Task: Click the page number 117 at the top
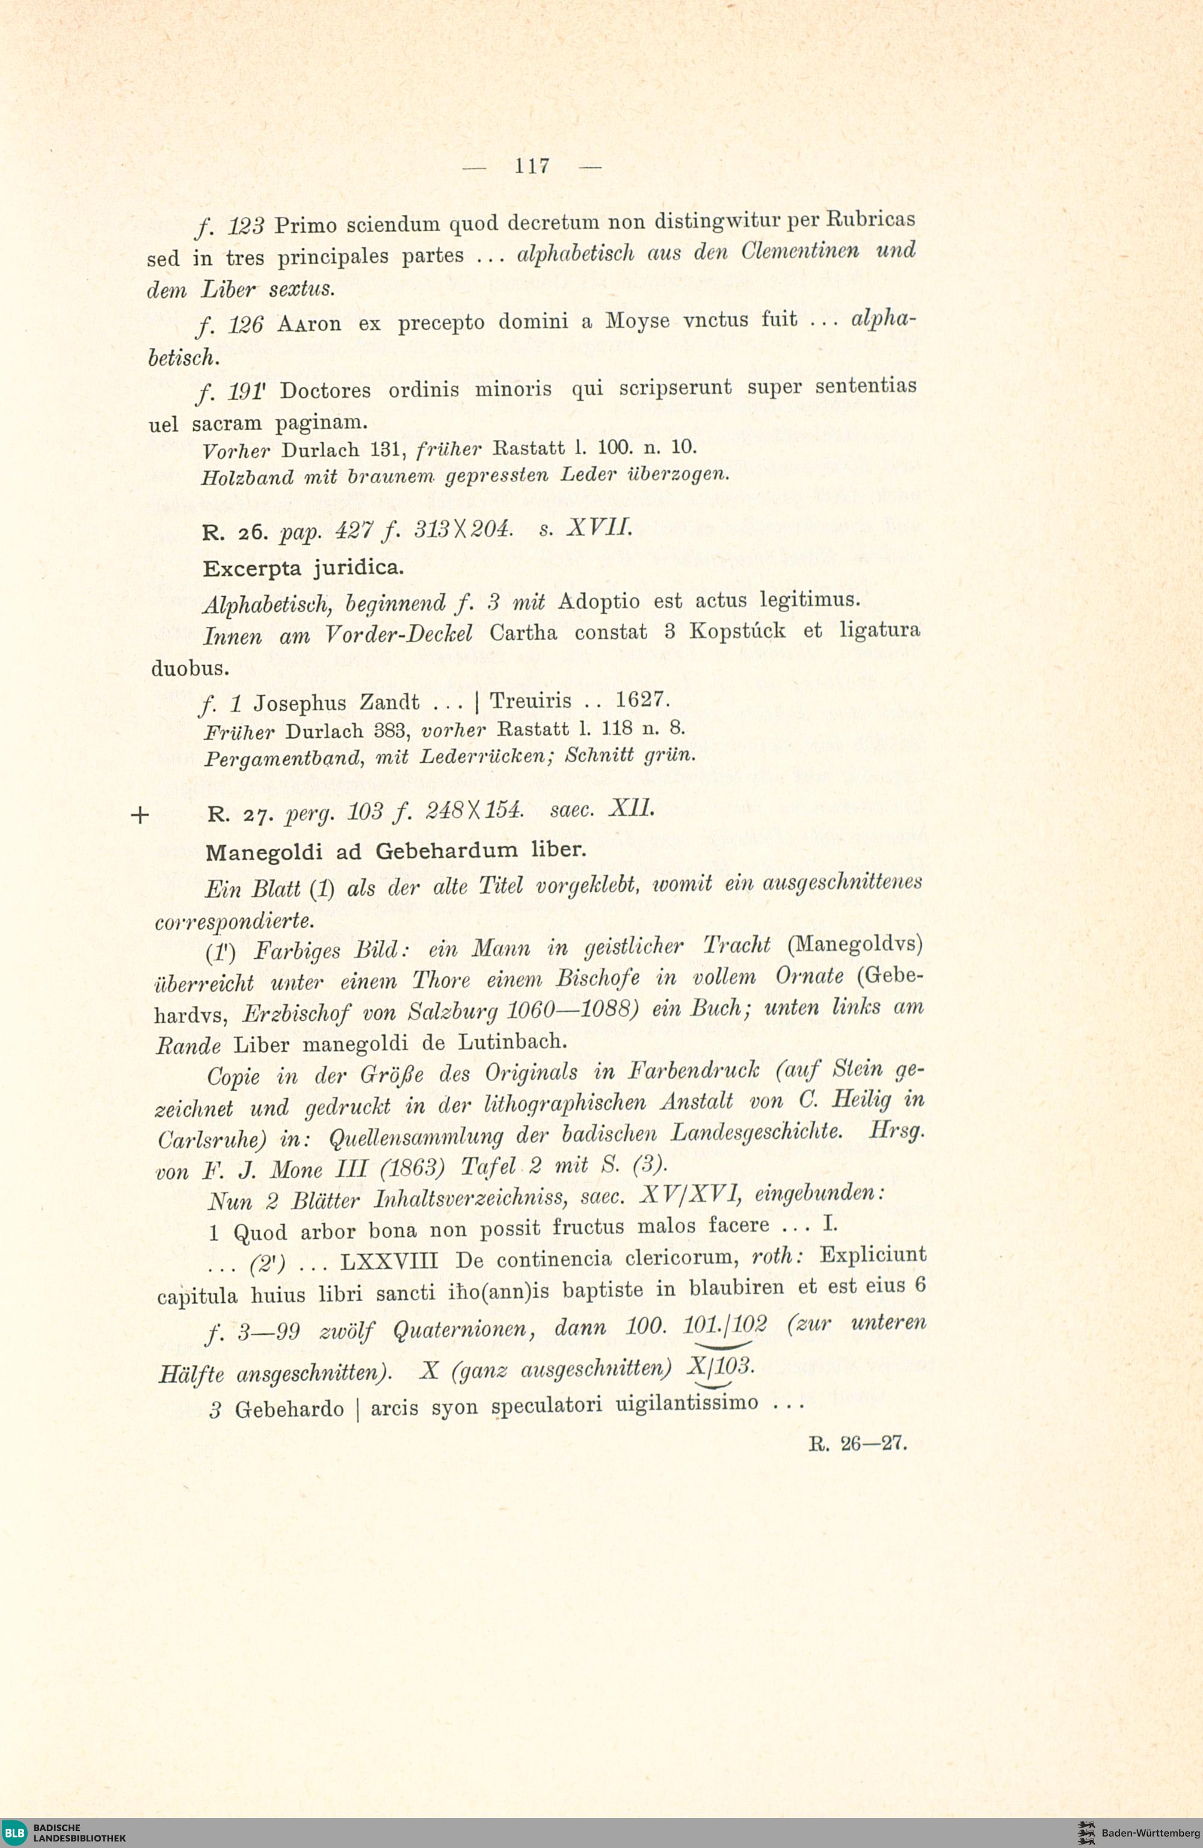[x=532, y=165]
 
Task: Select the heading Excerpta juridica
[x=303, y=568]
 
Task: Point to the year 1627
[x=641, y=700]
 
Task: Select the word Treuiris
[x=531, y=701]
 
